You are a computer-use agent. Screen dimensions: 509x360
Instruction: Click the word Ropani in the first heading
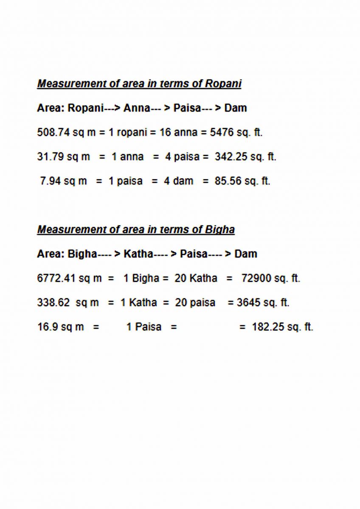click(223, 84)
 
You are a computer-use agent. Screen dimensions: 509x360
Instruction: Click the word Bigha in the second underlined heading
click(220, 229)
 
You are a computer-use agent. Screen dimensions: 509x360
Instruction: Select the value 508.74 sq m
click(66, 132)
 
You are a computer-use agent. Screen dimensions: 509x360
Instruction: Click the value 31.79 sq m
click(64, 157)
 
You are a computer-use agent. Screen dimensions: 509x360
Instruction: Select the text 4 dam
click(179, 181)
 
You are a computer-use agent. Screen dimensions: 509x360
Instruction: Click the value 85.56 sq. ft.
click(242, 181)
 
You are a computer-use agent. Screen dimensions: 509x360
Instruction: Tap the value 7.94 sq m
click(63, 181)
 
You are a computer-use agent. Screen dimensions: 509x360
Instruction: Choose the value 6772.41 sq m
click(70, 279)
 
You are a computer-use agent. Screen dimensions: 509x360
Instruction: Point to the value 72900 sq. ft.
click(270, 279)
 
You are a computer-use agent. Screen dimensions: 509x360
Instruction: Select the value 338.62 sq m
click(68, 303)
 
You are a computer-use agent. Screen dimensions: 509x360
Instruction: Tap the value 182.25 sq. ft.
click(282, 327)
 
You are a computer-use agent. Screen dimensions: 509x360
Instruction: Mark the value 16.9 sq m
click(61, 327)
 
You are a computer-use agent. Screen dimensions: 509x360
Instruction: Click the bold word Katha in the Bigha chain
click(138, 254)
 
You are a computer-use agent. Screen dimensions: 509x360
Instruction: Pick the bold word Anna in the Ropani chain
click(137, 108)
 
